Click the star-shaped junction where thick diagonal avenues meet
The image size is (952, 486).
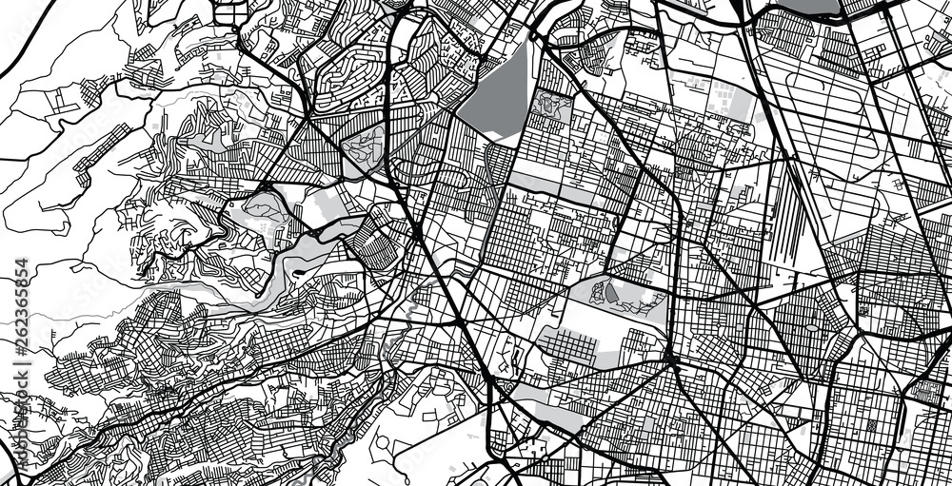pos(670,360)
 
